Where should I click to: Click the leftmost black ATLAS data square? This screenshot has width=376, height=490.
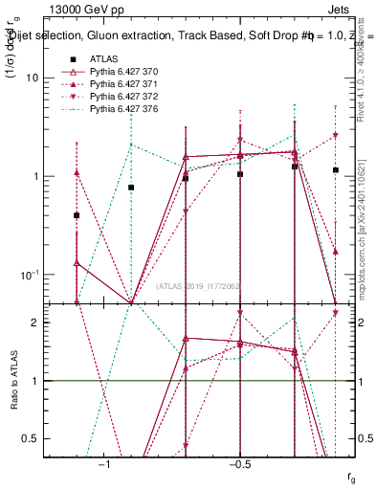(77, 215)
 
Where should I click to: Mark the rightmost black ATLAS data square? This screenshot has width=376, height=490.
(335, 170)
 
